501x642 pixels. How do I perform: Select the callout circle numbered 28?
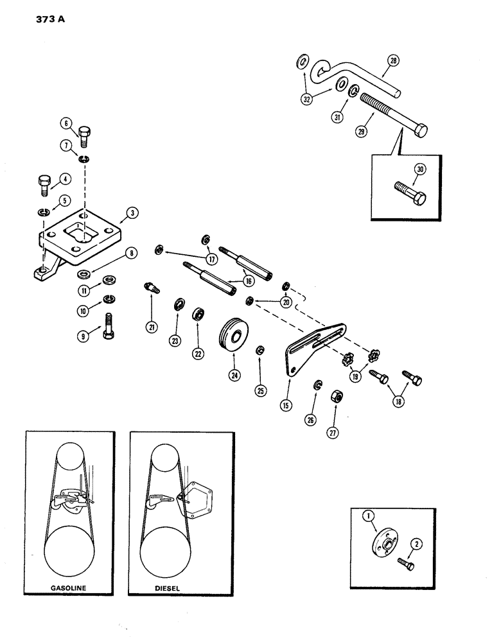click(x=393, y=62)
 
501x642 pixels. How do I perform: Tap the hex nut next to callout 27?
click(x=335, y=397)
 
